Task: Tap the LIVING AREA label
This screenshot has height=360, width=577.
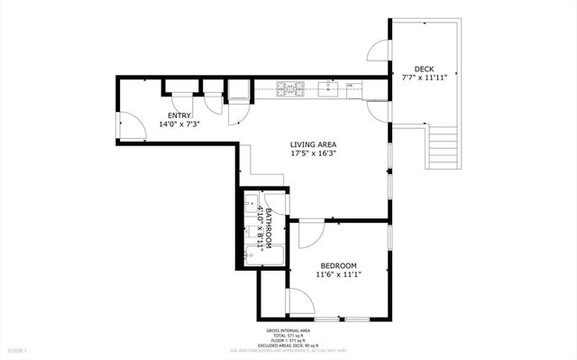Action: [315, 144]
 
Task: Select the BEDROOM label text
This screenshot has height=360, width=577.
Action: [338, 265]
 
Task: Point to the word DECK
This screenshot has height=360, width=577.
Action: [424, 69]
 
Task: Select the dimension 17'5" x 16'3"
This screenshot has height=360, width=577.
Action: [315, 153]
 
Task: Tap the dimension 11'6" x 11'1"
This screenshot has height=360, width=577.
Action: [338, 274]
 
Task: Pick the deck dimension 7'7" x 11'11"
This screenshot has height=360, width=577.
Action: [424, 78]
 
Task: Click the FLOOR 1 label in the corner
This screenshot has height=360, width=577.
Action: [19, 349]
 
